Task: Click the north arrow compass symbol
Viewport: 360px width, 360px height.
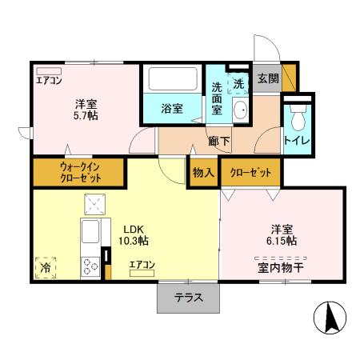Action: click(x=330, y=318)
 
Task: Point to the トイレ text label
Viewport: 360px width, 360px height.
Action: click(x=297, y=144)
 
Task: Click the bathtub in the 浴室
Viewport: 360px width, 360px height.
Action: click(x=174, y=80)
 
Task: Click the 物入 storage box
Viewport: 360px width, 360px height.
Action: click(x=203, y=172)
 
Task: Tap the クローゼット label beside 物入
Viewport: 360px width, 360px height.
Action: click(x=250, y=172)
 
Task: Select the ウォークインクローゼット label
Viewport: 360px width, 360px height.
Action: click(x=78, y=172)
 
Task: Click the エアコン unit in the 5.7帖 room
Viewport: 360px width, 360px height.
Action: click(x=49, y=70)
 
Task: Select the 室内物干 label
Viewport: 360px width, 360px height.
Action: click(x=280, y=267)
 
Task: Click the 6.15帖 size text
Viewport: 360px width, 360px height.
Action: click(x=282, y=241)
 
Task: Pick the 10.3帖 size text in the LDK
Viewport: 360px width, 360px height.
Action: click(x=133, y=240)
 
